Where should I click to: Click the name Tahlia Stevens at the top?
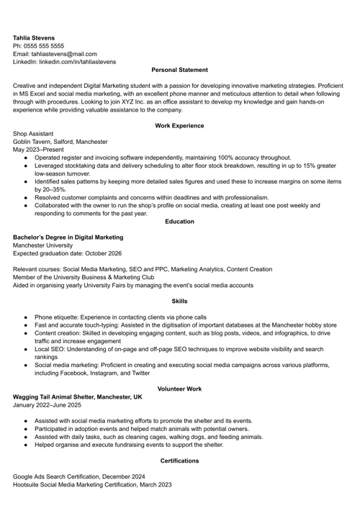coord(33,37)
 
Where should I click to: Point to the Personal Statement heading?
coord(179,70)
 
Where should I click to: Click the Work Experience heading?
coord(179,126)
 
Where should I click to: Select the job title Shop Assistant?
coord(33,134)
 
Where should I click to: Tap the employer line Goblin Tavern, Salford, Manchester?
coord(60,142)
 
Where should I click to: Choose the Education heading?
coord(179,222)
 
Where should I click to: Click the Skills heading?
coord(179,301)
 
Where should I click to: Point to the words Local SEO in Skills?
coord(50,349)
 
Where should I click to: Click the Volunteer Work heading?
coord(179,389)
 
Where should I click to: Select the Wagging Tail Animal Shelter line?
coord(78,397)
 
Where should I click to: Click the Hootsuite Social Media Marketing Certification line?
coord(92,485)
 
